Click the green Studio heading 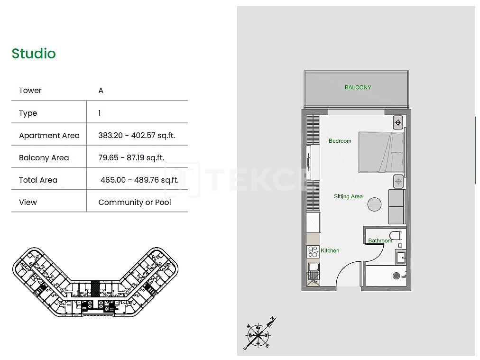click(x=34, y=54)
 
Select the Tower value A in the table click(x=101, y=90)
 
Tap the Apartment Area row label click(x=49, y=135)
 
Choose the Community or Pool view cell click(x=135, y=202)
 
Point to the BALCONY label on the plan click(x=358, y=87)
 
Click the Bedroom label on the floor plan click(x=340, y=141)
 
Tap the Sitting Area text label click(x=348, y=196)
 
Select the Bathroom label click(x=380, y=240)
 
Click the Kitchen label click(x=330, y=250)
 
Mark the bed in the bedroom click(x=381, y=152)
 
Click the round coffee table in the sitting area click(x=374, y=204)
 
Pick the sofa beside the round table click(x=397, y=206)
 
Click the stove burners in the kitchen click(x=313, y=252)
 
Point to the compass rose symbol click(x=258, y=334)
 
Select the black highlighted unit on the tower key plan click(x=96, y=289)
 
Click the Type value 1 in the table click(x=100, y=113)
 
